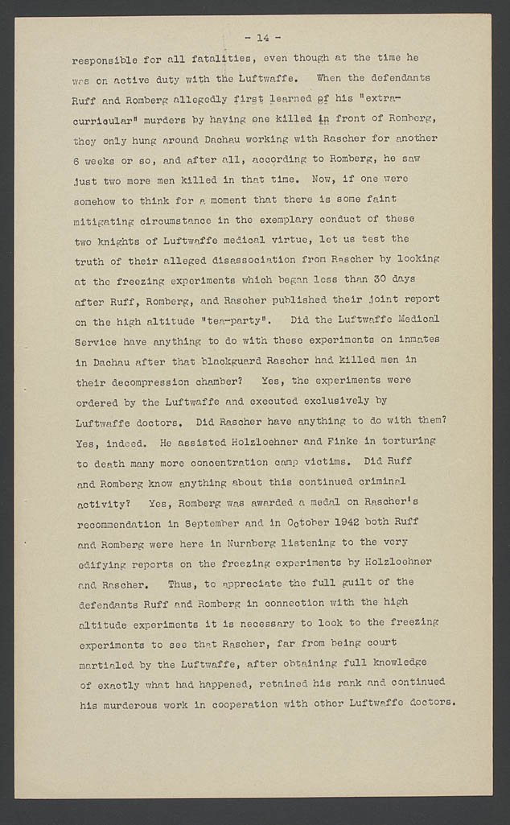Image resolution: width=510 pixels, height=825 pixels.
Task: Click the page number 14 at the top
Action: (x=262, y=37)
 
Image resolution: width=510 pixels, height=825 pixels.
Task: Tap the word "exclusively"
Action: (x=334, y=400)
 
